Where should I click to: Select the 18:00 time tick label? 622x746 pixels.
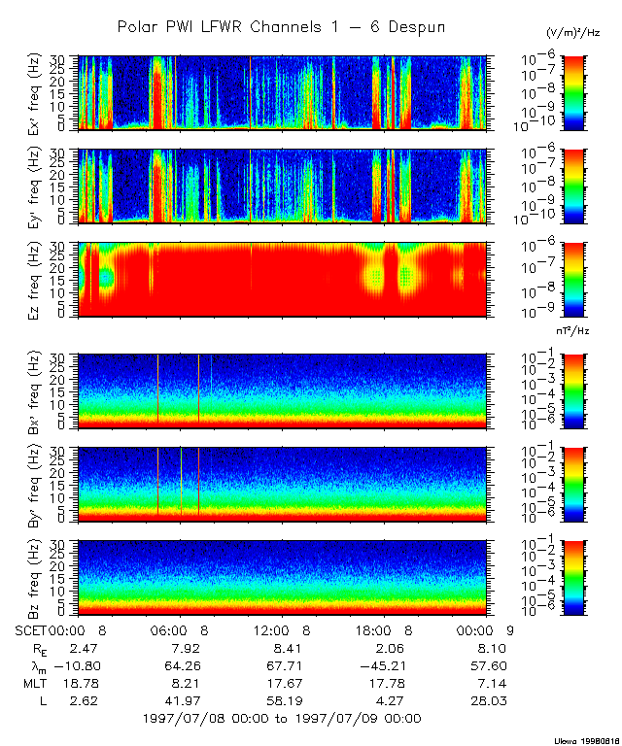tap(381, 630)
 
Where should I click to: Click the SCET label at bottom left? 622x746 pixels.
tap(32, 630)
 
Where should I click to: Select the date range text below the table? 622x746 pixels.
tap(281, 719)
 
